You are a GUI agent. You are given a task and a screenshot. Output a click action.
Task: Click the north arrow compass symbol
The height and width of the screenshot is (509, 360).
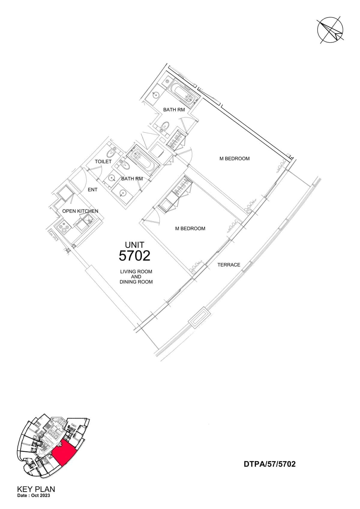click(x=330, y=30)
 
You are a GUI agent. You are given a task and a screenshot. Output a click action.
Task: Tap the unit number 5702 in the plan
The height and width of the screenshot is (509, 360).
click(x=134, y=256)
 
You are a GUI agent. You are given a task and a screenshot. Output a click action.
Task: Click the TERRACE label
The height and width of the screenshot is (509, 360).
click(x=229, y=265)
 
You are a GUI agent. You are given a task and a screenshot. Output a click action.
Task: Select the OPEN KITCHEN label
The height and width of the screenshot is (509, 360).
click(x=80, y=211)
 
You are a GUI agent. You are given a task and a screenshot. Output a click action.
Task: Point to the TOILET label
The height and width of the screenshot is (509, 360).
click(x=103, y=162)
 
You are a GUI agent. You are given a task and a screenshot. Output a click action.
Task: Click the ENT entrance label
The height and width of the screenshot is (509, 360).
click(x=93, y=189)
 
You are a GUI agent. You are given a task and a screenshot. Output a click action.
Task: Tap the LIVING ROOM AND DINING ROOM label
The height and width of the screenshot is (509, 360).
click(x=136, y=277)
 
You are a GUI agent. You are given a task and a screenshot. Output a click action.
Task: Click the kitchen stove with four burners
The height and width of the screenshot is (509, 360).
click(x=63, y=228)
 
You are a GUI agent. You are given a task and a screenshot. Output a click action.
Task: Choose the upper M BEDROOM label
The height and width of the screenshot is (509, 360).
click(x=235, y=159)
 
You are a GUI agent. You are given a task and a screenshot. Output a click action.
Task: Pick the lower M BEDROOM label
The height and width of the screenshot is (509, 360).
click(x=190, y=229)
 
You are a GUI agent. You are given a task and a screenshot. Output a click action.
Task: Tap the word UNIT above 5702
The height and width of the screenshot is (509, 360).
click(x=135, y=245)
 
